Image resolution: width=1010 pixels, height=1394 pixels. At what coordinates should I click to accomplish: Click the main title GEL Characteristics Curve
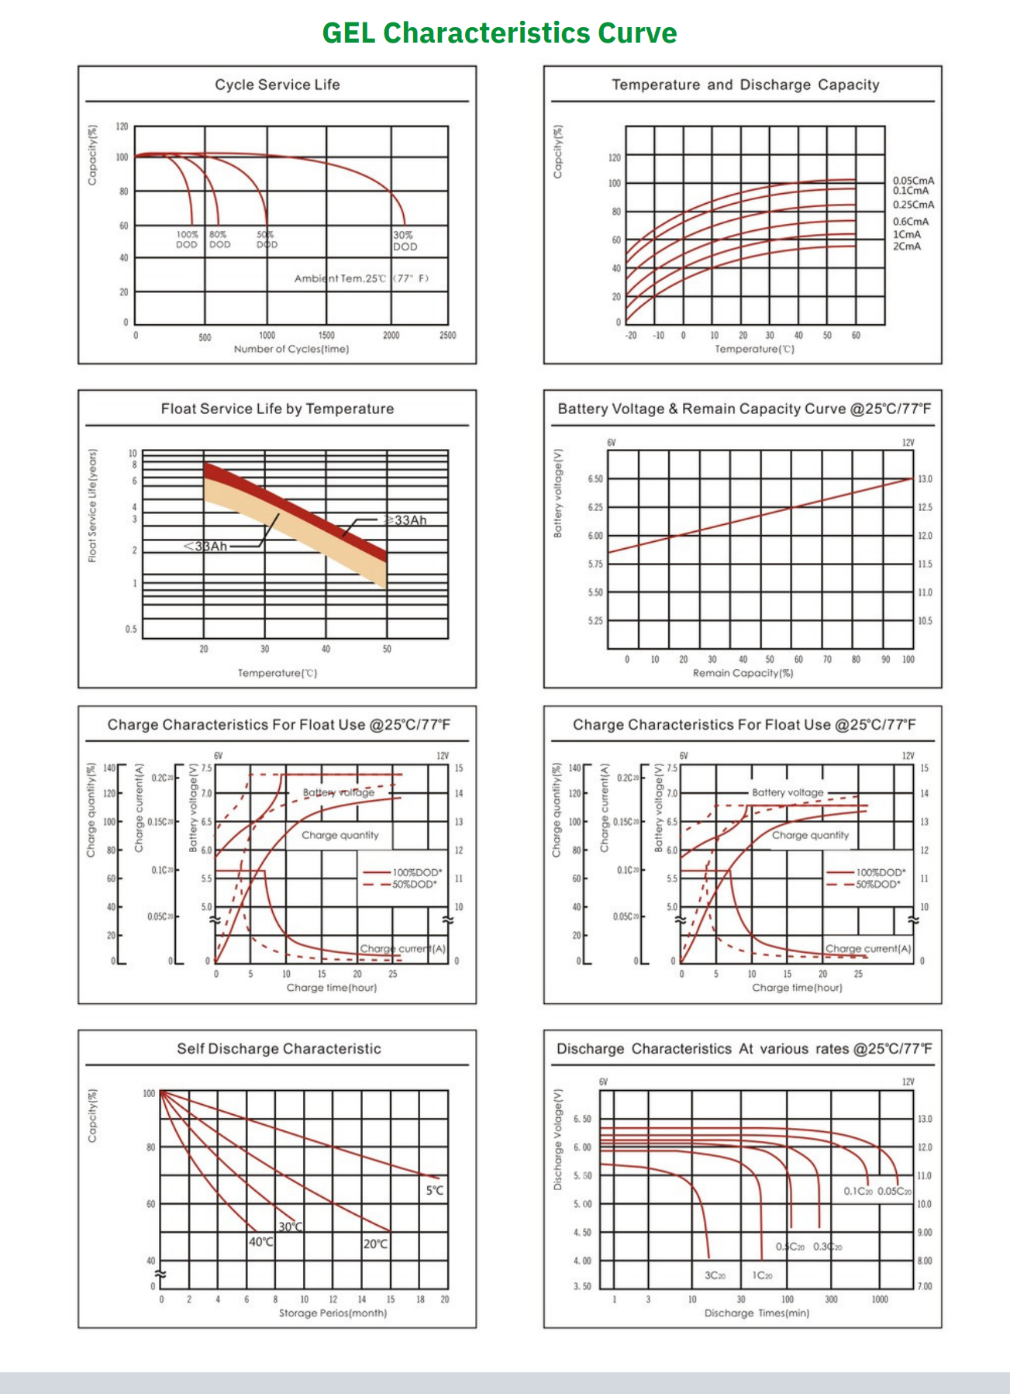(499, 33)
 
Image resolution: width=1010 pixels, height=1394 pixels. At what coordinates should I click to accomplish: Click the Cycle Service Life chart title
(277, 85)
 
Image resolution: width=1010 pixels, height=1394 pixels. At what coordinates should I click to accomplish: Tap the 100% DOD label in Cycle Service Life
(187, 239)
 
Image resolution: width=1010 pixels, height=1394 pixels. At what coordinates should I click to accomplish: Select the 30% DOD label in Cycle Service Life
(404, 240)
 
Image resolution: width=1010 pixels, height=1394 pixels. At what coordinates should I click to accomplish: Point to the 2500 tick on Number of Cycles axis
(447, 336)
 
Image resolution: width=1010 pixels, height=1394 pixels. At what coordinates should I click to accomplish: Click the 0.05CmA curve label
(913, 181)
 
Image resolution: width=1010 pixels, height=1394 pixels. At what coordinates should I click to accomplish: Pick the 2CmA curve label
(906, 247)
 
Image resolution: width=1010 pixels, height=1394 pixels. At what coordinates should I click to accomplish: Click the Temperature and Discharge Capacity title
(745, 85)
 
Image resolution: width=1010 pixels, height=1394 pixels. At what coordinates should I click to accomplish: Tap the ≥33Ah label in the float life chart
(407, 520)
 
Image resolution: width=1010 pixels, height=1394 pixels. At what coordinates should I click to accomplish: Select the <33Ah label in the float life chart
(205, 547)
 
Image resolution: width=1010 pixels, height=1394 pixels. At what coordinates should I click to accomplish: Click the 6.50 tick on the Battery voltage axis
(595, 479)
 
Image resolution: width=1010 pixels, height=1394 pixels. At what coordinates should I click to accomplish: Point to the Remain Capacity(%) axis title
(743, 673)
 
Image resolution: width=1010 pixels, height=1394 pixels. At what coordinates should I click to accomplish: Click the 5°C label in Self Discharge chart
(435, 1190)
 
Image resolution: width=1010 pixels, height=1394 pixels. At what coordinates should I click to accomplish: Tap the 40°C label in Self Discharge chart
(261, 1242)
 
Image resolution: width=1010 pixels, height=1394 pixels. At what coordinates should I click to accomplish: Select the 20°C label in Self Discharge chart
(376, 1244)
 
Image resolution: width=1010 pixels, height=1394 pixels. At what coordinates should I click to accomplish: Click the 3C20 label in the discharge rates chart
(715, 1275)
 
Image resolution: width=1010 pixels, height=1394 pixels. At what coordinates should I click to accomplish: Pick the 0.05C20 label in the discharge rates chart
(894, 1191)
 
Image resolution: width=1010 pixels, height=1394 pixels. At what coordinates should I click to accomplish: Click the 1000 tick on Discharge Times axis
(880, 1299)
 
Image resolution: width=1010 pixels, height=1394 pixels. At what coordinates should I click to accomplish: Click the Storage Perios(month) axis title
(333, 1313)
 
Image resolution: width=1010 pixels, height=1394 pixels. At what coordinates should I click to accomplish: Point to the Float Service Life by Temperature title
(277, 409)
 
